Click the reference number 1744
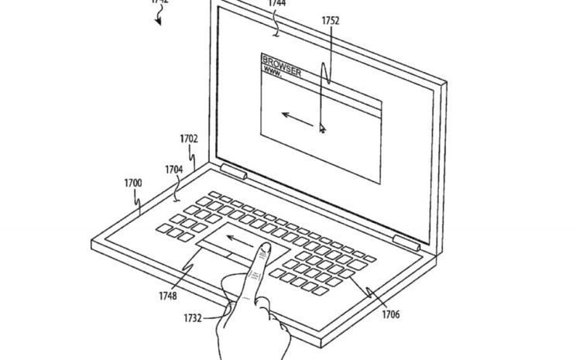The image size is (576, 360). [276, 4]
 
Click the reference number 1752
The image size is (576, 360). [331, 21]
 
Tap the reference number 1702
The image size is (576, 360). [188, 139]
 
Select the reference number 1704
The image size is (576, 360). [174, 169]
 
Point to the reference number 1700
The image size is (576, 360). [133, 183]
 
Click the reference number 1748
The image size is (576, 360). [168, 295]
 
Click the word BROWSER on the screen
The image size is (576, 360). [282, 61]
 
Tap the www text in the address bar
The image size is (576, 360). [273, 71]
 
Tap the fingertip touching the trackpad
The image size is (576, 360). [264, 249]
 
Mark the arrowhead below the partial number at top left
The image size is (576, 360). [159, 21]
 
